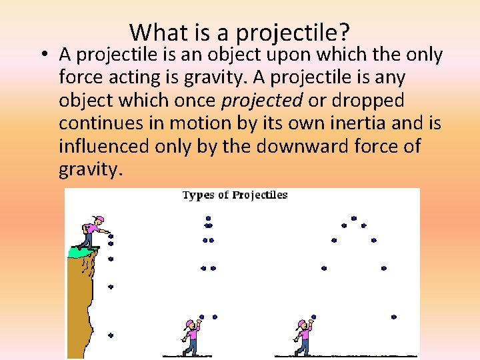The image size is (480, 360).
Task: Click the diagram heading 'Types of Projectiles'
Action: click(x=235, y=195)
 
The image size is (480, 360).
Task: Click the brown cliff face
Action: click(x=80, y=307)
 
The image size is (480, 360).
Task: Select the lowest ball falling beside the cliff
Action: click(x=111, y=335)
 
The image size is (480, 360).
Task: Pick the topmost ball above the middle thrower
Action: click(x=208, y=217)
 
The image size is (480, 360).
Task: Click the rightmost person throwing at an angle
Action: click(x=304, y=337)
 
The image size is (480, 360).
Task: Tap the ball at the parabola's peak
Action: click(x=353, y=218)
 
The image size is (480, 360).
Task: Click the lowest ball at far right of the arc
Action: click(x=394, y=317)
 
